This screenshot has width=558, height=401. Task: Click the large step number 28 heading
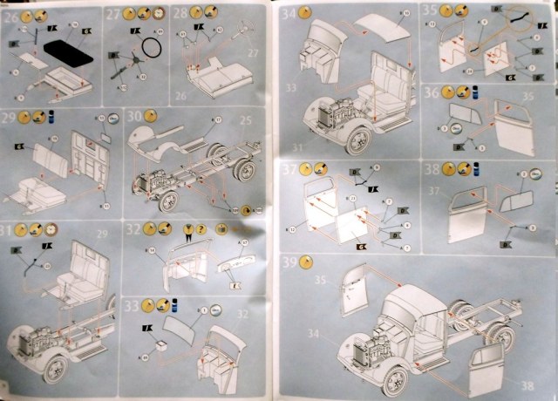[180, 15]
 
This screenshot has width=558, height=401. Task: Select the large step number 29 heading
[10, 117]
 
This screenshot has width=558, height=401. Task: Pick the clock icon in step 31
[50, 229]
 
